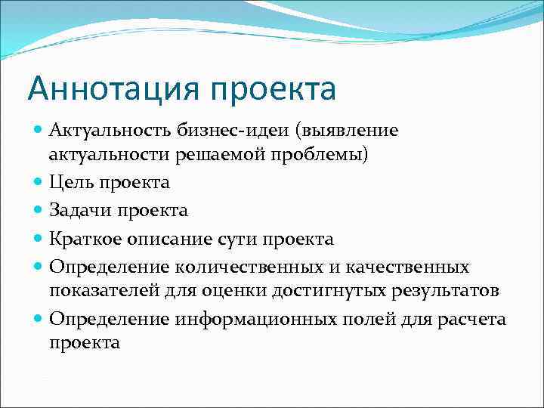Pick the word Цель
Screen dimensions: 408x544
72,183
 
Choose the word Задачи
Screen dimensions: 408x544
80,211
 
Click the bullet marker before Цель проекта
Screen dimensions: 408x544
39,183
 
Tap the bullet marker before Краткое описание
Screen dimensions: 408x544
39,240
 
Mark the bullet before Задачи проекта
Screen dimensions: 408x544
39,211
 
